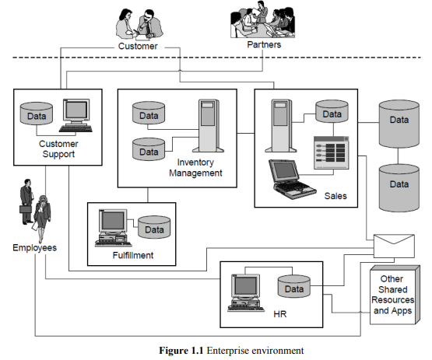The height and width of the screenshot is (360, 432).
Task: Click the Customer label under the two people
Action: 138,46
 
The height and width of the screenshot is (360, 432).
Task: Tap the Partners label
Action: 264,44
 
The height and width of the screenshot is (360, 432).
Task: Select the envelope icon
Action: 394,246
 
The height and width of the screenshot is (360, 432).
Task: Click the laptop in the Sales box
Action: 292,179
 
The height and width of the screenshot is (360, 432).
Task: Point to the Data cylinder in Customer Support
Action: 37,114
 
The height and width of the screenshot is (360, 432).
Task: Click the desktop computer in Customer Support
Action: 76,116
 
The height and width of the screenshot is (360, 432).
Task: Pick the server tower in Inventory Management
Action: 209,126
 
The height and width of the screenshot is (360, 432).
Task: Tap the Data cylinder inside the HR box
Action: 294,286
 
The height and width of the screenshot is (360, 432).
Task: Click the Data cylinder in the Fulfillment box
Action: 154,227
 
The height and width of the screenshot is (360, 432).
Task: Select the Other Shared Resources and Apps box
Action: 395,295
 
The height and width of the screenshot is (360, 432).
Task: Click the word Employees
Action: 35,248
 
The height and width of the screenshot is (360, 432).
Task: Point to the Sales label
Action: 335,196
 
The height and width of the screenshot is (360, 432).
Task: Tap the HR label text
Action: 280,314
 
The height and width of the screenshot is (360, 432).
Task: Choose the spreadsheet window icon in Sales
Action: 332,152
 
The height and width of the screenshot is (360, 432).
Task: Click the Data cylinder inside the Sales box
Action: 332,111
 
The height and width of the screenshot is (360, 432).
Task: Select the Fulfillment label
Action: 133,255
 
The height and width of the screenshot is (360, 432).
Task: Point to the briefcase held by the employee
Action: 26,209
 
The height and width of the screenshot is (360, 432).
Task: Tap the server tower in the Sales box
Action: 281,126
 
